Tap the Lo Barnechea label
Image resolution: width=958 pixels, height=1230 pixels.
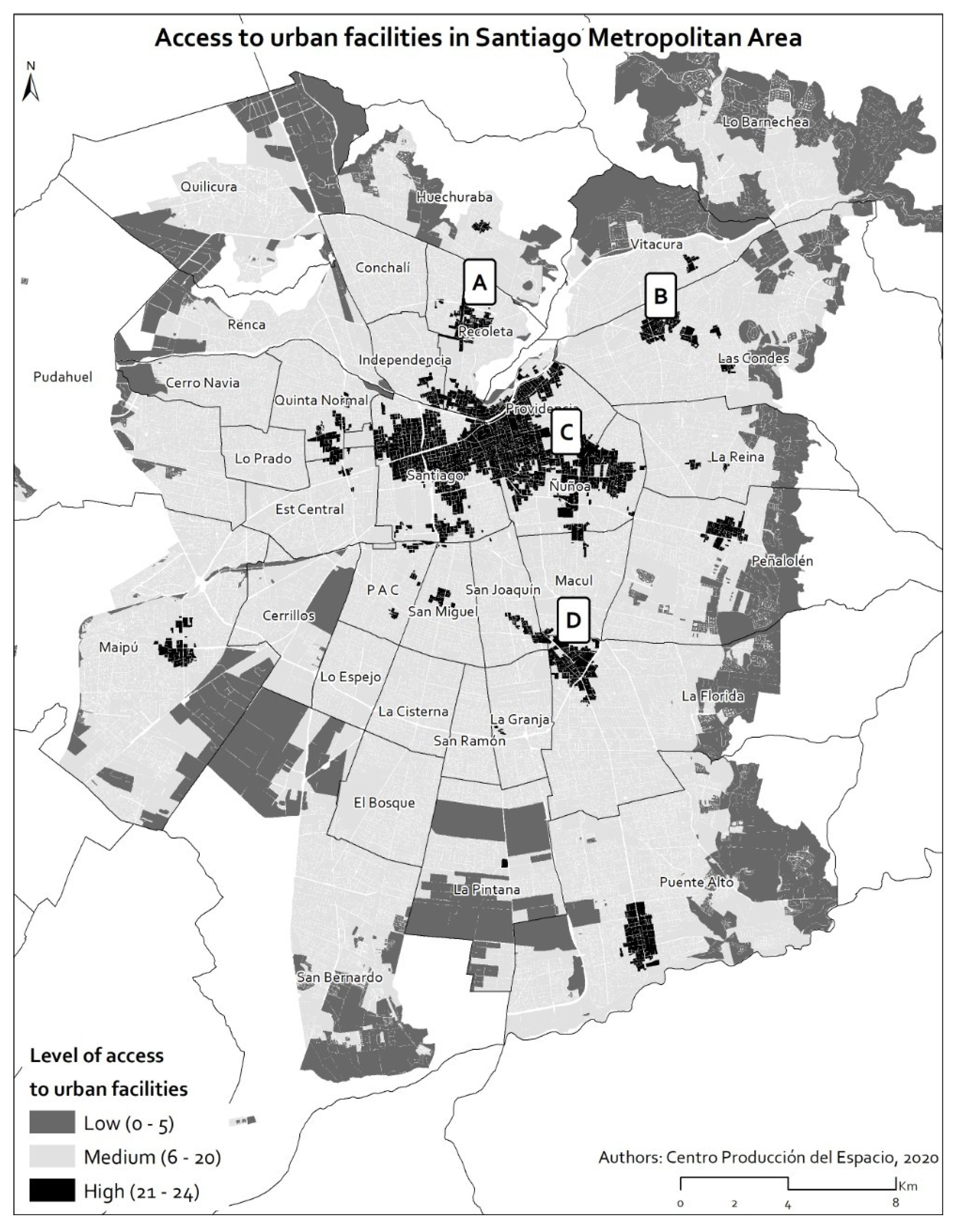(766, 122)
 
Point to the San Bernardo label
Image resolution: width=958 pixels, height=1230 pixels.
(340, 977)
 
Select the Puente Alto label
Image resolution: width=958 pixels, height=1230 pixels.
(697, 882)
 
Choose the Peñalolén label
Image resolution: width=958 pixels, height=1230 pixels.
(782, 561)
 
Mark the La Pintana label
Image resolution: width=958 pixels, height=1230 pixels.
(487, 890)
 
